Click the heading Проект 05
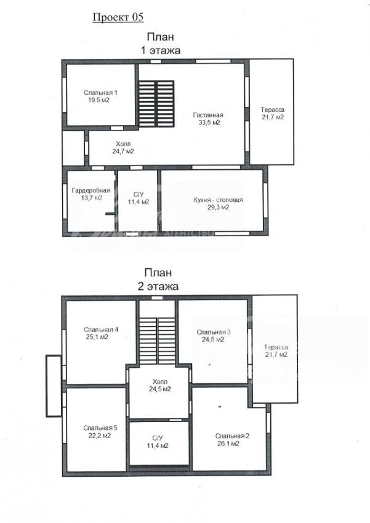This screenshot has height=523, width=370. [x=118, y=17]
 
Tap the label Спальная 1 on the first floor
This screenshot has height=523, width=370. [x=100, y=93]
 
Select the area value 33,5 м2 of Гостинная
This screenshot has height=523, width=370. [x=209, y=122]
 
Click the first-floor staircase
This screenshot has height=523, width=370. [x=156, y=104]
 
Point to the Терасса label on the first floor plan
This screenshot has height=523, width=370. [x=273, y=110]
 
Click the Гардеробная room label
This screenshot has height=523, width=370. [x=90, y=191]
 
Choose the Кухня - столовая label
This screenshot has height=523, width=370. [x=218, y=200]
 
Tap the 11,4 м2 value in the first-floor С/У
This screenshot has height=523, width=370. [x=139, y=202]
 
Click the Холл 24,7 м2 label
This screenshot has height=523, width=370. [x=123, y=148]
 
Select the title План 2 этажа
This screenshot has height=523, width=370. [x=158, y=279]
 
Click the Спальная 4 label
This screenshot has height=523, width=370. [x=101, y=330]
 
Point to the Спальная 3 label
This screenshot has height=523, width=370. [x=214, y=332]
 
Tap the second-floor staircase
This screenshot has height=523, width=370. [x=157, y=340]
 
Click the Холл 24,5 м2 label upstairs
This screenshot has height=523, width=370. [x=160, y=385]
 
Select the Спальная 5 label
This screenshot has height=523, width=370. [x=100, y=428]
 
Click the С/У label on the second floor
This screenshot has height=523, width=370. [x=157, y=438]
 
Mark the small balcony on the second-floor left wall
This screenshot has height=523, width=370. [x=54, y=386]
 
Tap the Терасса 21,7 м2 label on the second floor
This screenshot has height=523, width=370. [x=276, y=351]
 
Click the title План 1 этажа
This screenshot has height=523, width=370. [x=161, y=43]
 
